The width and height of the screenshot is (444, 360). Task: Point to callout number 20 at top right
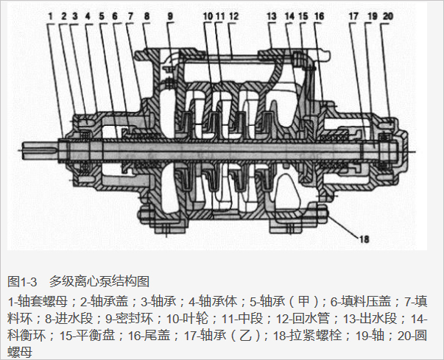click(388, 15)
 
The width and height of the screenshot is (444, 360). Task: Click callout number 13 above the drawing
click(272, 15)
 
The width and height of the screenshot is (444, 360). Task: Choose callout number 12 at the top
click(233, 15)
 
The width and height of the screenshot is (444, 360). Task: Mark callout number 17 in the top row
click(353, 15)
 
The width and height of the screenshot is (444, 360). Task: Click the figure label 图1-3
click(22, 281)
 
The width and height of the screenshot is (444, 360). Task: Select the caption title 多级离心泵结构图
click(99, 281)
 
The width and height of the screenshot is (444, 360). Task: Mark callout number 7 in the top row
click(130, 15)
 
